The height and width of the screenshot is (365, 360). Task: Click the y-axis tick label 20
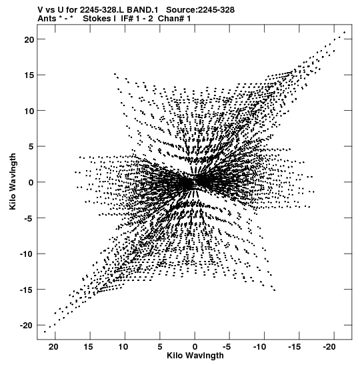click(29, 40)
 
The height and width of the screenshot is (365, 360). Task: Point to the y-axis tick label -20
click(27, 326)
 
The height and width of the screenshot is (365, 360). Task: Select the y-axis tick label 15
click(29, 75)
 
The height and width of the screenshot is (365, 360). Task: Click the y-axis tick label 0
click(31, 183)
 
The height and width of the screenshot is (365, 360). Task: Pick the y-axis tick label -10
click(27, 254)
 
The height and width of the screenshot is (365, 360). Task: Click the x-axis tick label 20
click(53, 347)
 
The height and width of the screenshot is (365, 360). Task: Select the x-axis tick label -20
click(329, 347)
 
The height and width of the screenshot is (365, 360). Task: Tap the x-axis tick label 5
click(160, 347)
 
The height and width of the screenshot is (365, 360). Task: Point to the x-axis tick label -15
click(295, 347)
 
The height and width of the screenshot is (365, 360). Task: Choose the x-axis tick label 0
click(195, 347)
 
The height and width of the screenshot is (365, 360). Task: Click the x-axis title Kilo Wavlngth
click(195, 356)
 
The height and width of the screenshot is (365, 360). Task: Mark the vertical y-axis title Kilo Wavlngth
click(13, 181)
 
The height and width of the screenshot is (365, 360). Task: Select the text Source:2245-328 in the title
click(200, 10)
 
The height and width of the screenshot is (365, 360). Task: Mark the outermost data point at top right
click(345, 32)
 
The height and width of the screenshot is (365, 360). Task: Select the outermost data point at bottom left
click(45, 332)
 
